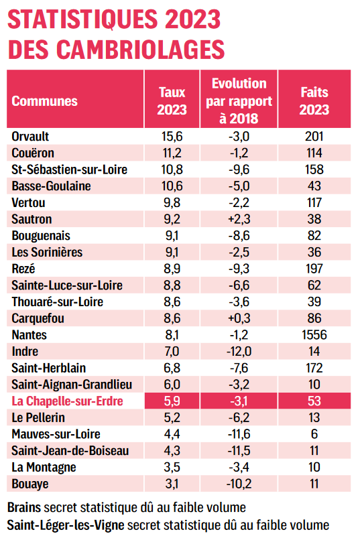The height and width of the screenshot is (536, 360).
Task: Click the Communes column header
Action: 44,101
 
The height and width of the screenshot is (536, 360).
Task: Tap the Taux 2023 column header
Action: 172,101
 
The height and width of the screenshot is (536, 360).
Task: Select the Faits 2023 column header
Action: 314,101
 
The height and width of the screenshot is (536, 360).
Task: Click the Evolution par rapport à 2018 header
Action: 239,101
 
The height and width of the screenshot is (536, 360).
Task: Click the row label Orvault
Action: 30,137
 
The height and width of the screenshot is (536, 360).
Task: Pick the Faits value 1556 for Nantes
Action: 314,334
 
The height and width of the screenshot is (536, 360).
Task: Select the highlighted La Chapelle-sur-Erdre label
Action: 67,401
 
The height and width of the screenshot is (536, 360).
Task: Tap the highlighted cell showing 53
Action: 314,401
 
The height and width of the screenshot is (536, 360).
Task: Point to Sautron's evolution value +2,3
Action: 239,219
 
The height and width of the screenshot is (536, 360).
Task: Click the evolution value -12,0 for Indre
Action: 239,351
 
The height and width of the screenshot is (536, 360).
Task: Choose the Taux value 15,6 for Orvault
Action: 172,137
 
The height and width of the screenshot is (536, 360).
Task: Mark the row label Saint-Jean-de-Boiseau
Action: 70,450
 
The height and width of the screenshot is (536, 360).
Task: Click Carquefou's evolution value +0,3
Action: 239,318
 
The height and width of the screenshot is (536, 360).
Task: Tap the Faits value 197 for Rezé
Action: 314,269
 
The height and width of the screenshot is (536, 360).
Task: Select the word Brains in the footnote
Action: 24,508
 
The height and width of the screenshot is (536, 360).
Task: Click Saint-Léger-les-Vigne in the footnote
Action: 66,525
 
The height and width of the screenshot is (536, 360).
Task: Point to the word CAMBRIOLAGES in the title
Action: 141,50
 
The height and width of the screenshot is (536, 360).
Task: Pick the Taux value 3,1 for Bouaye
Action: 172,484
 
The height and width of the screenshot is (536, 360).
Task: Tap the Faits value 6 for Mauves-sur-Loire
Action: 314,434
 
